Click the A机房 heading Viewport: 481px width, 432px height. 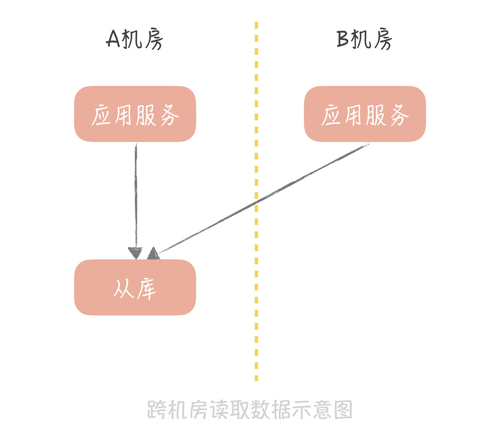click(x=134, y=40)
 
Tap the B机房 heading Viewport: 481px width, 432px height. click(x=364, y=40)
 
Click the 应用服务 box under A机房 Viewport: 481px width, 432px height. click(x=135, y=114)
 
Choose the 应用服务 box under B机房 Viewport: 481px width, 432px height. click(x=365, y=114)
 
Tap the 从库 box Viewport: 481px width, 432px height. click(x=135, y=287)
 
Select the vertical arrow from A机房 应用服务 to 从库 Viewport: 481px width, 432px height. click(x=136, y=194)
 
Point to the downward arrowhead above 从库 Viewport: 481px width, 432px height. click(x=136, y=253)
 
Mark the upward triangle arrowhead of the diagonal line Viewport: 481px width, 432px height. click(x=153, y=254)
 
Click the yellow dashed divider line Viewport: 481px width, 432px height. click(x=257, y=295)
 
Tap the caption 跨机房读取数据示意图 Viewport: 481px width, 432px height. click(x=250, y=409)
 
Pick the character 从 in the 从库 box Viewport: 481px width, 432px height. click(x=123, y=288)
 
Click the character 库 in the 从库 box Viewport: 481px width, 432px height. click(x=146, y=288)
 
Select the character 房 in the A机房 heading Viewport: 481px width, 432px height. click(x=153, y=40)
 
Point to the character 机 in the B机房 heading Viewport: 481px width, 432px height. click(x=363, y=40)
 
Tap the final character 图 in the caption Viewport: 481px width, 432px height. click(x=343, y=410)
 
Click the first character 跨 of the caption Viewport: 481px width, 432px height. click(x=157, y=410)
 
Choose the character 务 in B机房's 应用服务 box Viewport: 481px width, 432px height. click(x=398, y=115)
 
